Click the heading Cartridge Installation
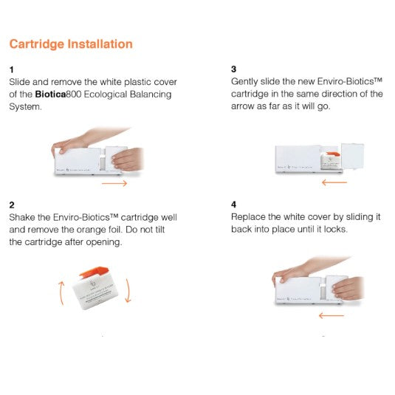tap(71, 44)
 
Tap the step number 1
tap(11, 67)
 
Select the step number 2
tap(12, 204)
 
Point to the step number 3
tap(234, 67)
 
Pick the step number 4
tap(234, 204)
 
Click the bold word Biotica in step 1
tap(52, 94)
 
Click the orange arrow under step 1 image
tap(114, 183)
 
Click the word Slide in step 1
tap(21, 81)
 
